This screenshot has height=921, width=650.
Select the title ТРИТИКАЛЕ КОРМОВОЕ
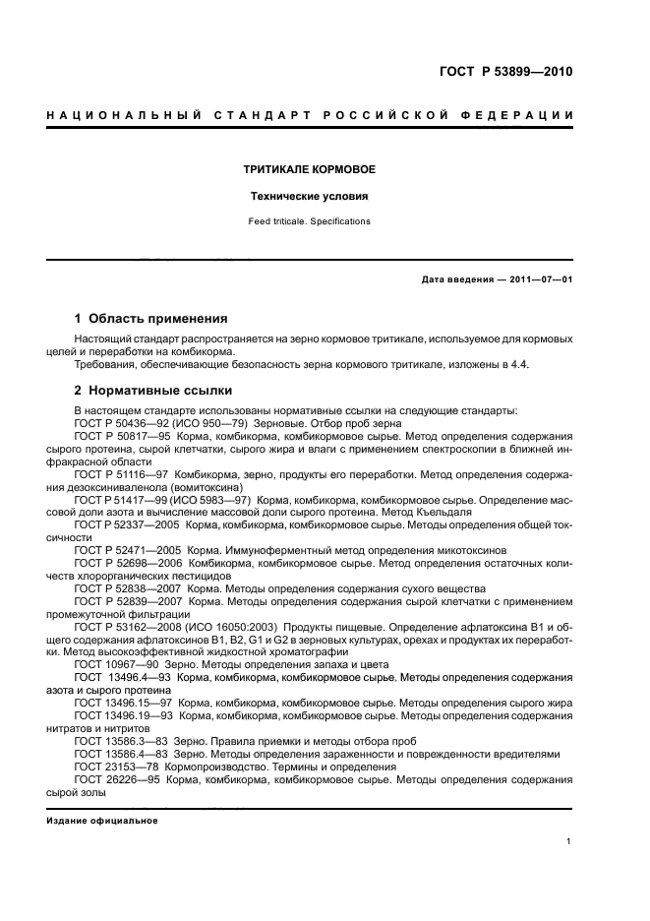point(309,169)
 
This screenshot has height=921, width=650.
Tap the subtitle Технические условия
point(309,196)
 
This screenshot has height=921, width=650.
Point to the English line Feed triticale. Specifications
point(309,221)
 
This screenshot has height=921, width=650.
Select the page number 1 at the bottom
point(569,841)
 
